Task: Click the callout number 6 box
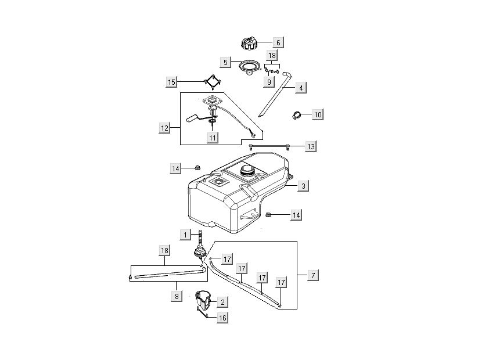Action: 278,42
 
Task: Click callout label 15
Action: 171,82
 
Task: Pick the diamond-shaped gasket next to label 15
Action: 213,82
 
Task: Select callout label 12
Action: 165,128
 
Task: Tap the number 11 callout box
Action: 213,138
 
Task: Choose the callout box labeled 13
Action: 311,146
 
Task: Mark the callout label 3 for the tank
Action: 303,186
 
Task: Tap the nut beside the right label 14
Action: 269,215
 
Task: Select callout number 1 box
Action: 185,235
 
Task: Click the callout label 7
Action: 312,275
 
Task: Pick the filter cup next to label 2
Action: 203,300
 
